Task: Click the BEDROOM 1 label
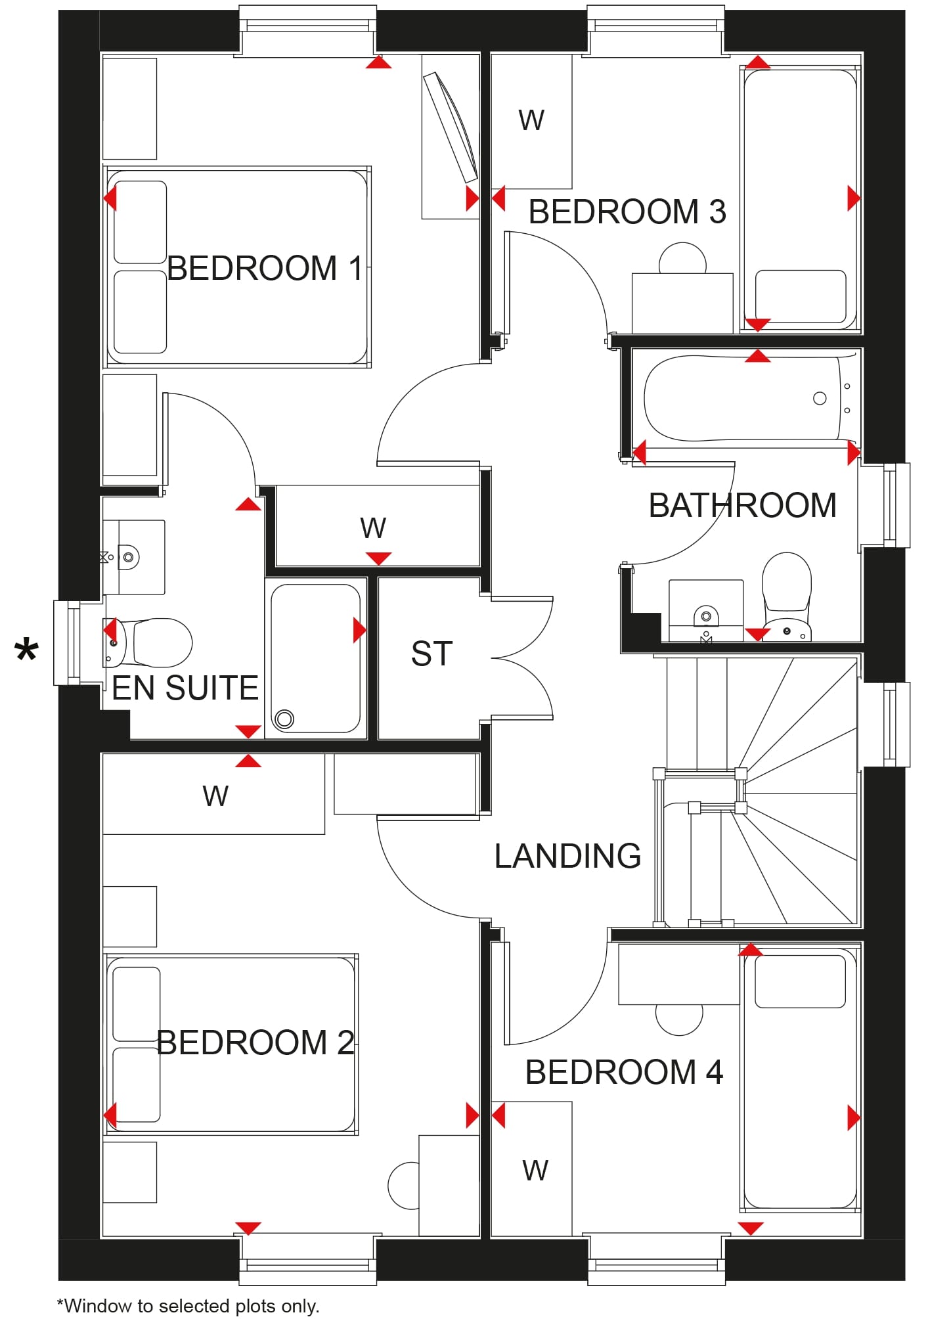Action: pyautogui.click(x=265, y=268)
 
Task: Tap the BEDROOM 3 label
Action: pyautogui.click(x=627, y=212)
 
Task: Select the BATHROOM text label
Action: pyautogui.click(x=742, y=505)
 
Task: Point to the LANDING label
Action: pyautogui.click(x=567, y=856)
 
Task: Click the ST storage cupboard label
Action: pyautogui.click(x=431, y=654)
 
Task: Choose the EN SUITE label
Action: pyautogui.click(x=185, y=688)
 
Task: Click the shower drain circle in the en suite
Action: pyautogui.click(x=284, y=719)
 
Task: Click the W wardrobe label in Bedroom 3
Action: pyautogui.click(x=531, y=120)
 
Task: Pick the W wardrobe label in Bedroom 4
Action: pyautogui.click(x=535, y=1170)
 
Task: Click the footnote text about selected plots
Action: pyautogui.click(x=188, y=1305)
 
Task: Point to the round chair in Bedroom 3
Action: pyautogui.click(x=682, y=258)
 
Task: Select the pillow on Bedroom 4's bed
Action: pyautogui.click(x=800, y=981)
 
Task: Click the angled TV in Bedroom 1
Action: pyautogui.click(x=451, y=126)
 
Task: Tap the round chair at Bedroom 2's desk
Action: pyautogui.click(x=403, y=1186)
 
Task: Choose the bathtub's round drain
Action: pyautogui.click(x=820, y=398)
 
